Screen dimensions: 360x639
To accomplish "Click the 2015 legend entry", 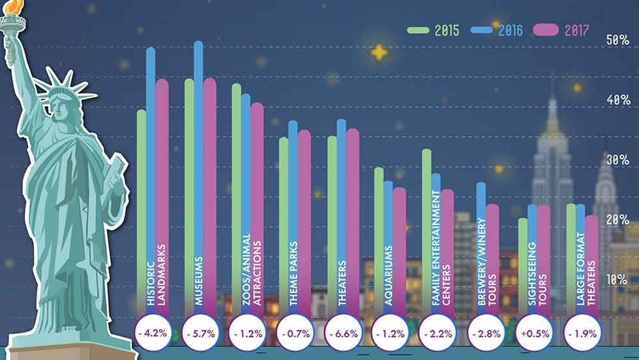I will pos(434,31).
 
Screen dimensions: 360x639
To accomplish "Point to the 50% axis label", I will pos(617,40).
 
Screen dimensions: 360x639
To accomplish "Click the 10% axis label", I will pos(617,280).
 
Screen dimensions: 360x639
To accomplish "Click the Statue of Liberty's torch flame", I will pos(14,8).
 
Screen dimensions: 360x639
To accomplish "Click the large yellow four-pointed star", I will pos(379,52).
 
